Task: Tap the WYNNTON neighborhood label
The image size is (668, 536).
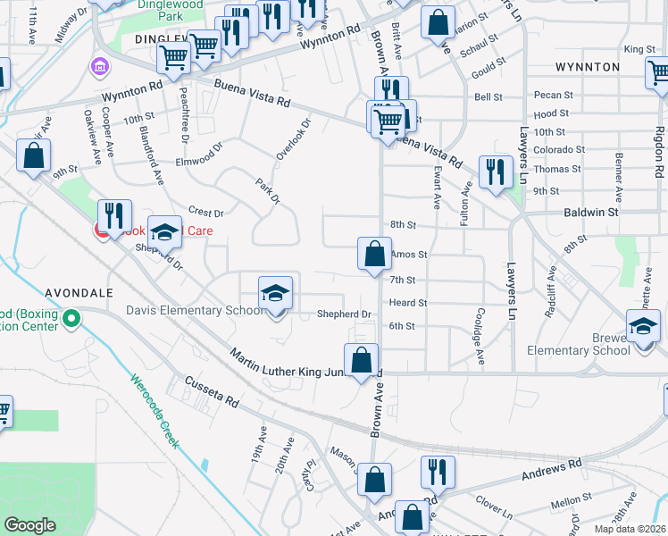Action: click(x=587, y=67)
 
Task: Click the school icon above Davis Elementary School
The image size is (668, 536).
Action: click(x=276, y=293)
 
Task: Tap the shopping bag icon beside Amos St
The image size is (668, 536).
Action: click(x=375, y=254)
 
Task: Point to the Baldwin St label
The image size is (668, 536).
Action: click(x=590, y=213)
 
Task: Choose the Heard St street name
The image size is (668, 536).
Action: click(x=408, y=303)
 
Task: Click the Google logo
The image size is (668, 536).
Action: click(x=29, y=525)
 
